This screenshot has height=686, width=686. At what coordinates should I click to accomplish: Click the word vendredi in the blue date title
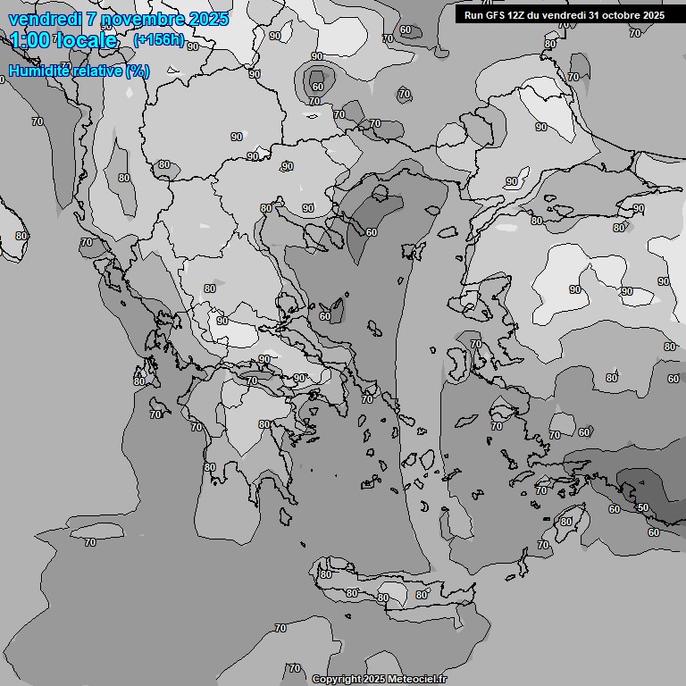(x=46, y=19)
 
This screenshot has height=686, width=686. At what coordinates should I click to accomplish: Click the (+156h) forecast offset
(x=158, y=39)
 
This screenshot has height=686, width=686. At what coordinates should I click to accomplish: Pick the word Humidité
(x=38, y=71)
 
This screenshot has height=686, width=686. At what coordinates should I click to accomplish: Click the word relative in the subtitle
(x=96, y=71)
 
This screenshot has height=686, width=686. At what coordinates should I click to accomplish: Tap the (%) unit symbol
(x=138, y=71)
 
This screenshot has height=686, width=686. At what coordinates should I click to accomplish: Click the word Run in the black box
(x=473, y=15)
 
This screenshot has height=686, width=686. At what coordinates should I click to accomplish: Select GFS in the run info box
(x=496, y=15)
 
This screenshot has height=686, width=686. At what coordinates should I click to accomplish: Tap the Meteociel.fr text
(x=417, y=679)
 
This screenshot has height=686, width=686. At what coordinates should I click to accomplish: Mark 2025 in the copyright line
(x=373, y=679)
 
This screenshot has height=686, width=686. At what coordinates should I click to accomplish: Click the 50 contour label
(x=642, y=507)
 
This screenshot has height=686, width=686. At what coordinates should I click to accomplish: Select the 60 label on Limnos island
(x=325, y=316)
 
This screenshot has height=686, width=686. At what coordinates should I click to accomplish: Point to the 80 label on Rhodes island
(x=565, y=522)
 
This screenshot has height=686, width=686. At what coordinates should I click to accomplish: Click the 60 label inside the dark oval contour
(x=317, y=87)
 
